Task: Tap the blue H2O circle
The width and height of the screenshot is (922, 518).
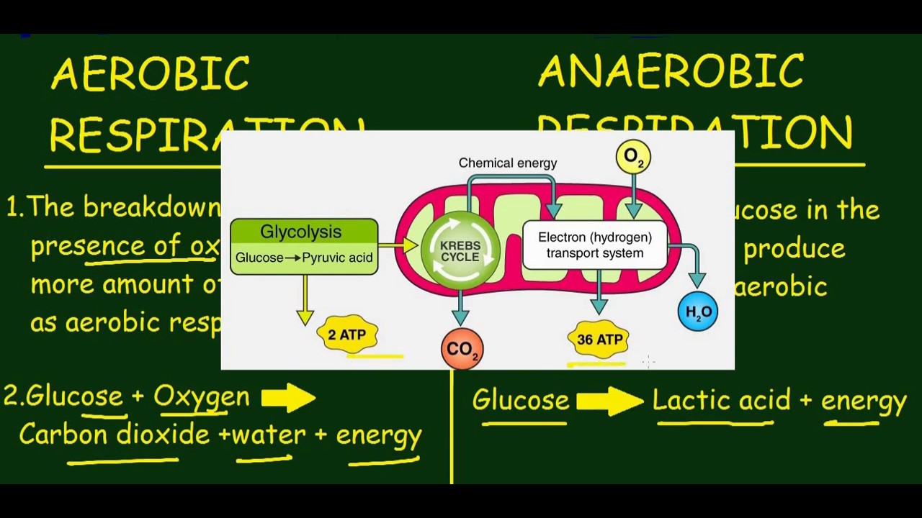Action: tap(698, 312)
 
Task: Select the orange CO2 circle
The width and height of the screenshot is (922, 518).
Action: tap(462, 349)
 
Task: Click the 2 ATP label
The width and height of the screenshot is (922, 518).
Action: tap(347, 335)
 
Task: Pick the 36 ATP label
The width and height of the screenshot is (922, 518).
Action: tap(599, 339)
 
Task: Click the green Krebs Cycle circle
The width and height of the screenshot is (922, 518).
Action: tap(460, 251)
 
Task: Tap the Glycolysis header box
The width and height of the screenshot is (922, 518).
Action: tap(303, 232)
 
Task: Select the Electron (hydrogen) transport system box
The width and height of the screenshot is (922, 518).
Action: tap(595, 245)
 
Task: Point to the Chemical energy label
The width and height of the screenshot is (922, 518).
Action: tap(508, 163)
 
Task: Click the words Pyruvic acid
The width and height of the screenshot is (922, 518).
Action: tap(337, 258)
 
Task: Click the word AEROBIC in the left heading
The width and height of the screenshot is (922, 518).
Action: tap(151, 74)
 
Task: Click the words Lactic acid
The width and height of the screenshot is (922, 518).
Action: tap(721, 400)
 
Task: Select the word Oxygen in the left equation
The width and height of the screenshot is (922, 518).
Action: tap(201, 396)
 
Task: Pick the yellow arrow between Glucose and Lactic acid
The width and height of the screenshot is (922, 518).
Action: tap(609, 401)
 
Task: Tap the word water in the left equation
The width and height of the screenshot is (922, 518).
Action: tap(269, 435)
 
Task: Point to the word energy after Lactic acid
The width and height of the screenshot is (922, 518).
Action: tap(863, 401)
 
